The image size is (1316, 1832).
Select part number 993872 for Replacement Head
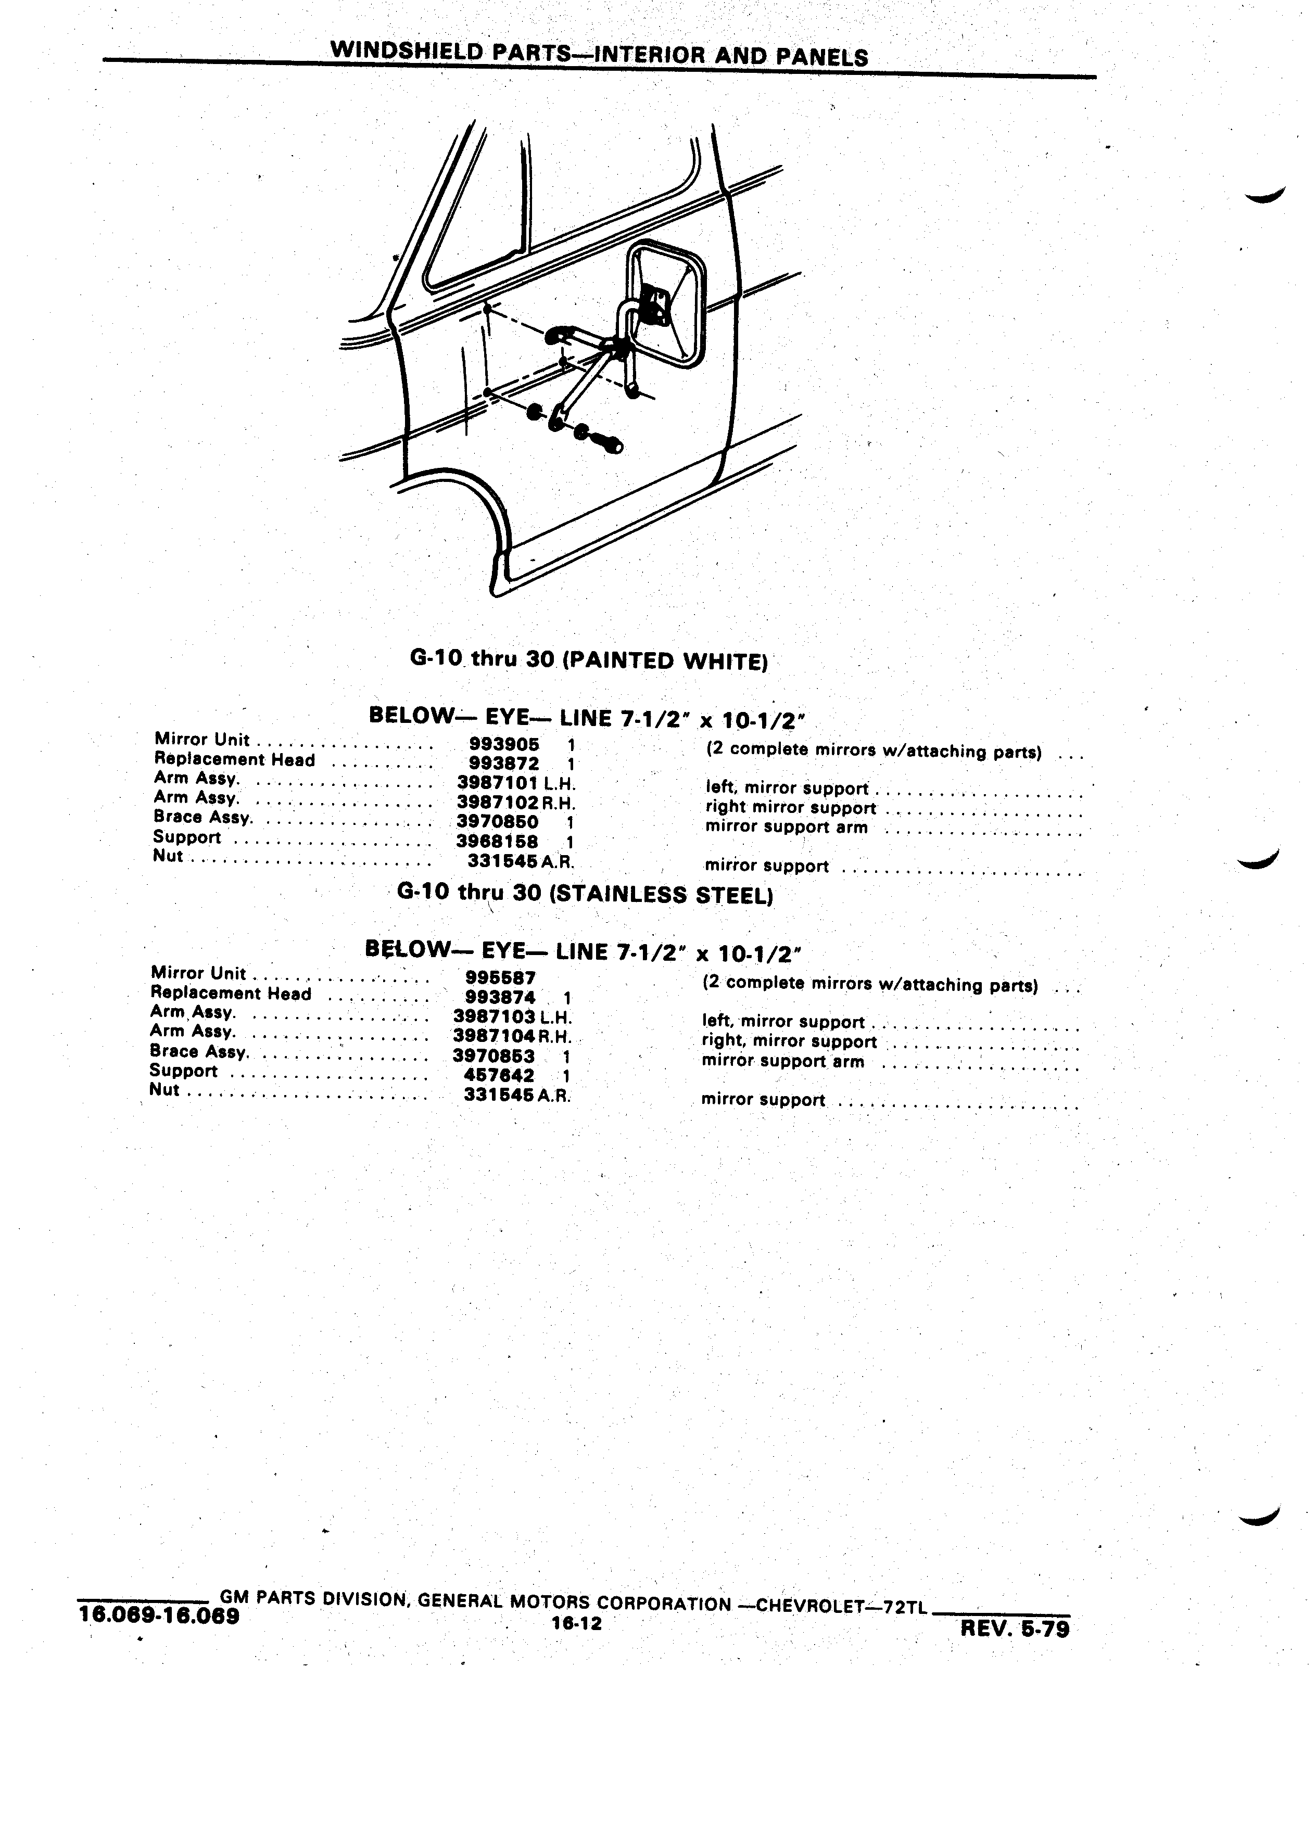tap(504, 764)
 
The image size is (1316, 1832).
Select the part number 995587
tap(501, 978)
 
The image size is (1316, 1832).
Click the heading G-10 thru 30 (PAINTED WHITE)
tap(588, 660)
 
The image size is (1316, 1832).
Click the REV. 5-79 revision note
tap(1015, 1629)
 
